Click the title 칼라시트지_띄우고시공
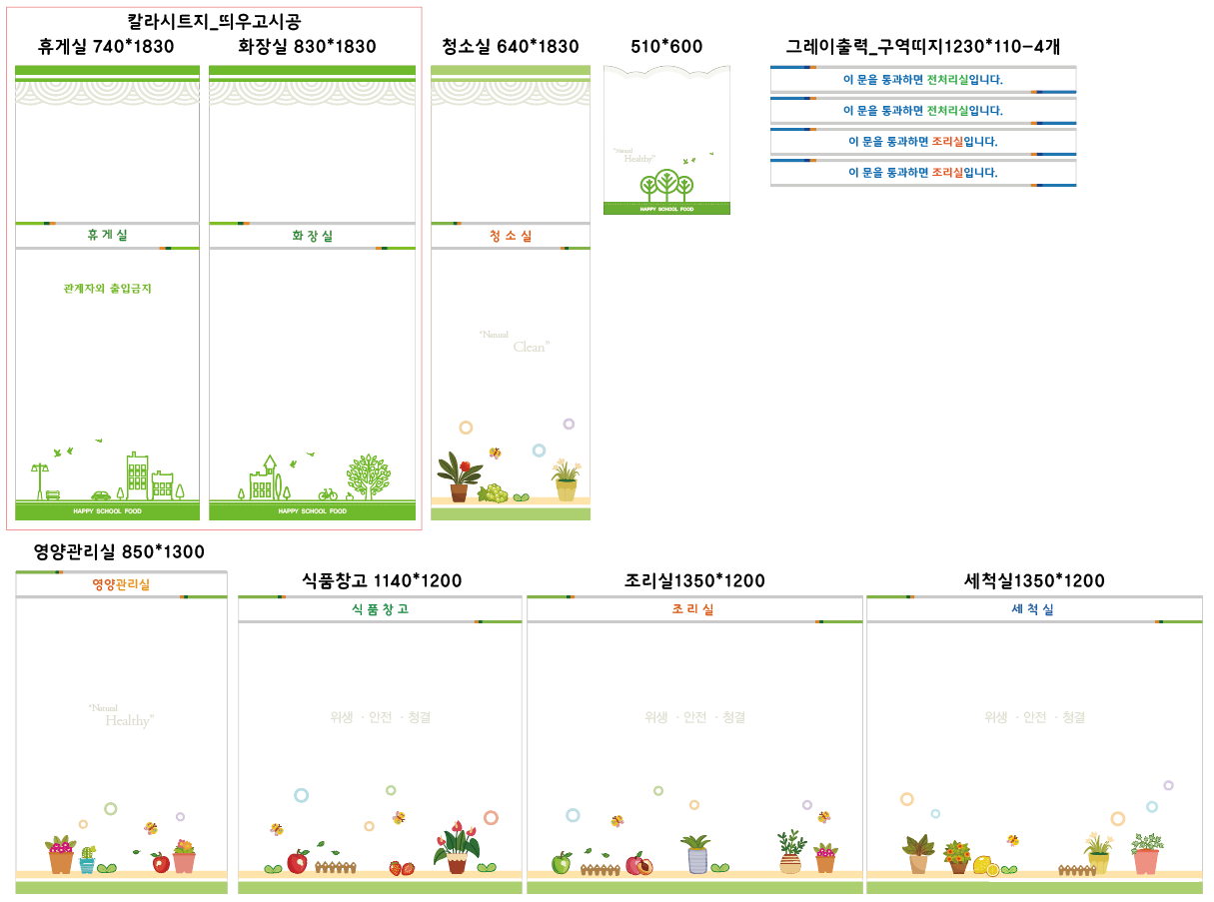click(x=215, y=21)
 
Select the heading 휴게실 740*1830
click(x=106, y=47)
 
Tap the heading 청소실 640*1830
click(x=510, y=47)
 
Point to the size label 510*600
click(x=666, y=47)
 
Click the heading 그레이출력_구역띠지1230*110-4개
click(x=922, y=47)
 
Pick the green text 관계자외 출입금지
click(x=107, y=289)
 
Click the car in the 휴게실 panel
click(x=101, y=494)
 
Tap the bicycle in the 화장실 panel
click(x=328, y=493)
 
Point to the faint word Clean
click(x=531, y=347)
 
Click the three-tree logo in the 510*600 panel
click(x=666, y=185)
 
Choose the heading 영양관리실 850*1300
click(x=119, y=551)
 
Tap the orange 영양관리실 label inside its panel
click(x=121, y=584)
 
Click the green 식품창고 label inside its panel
click(x=380, y=609)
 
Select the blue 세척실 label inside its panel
click(x=1033, y=609)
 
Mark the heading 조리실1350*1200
click(x=694, y=581)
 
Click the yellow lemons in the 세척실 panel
click(x=985, y=865)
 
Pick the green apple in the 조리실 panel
click(x=562, y=862)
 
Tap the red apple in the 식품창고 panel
click(x=297, y=861)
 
